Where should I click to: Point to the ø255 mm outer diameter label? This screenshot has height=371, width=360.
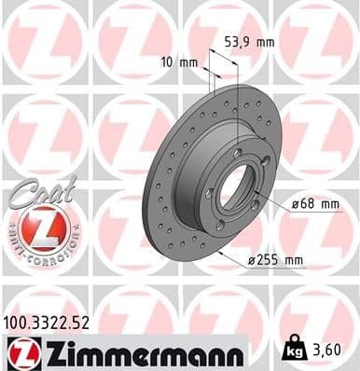tap(277, 259)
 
